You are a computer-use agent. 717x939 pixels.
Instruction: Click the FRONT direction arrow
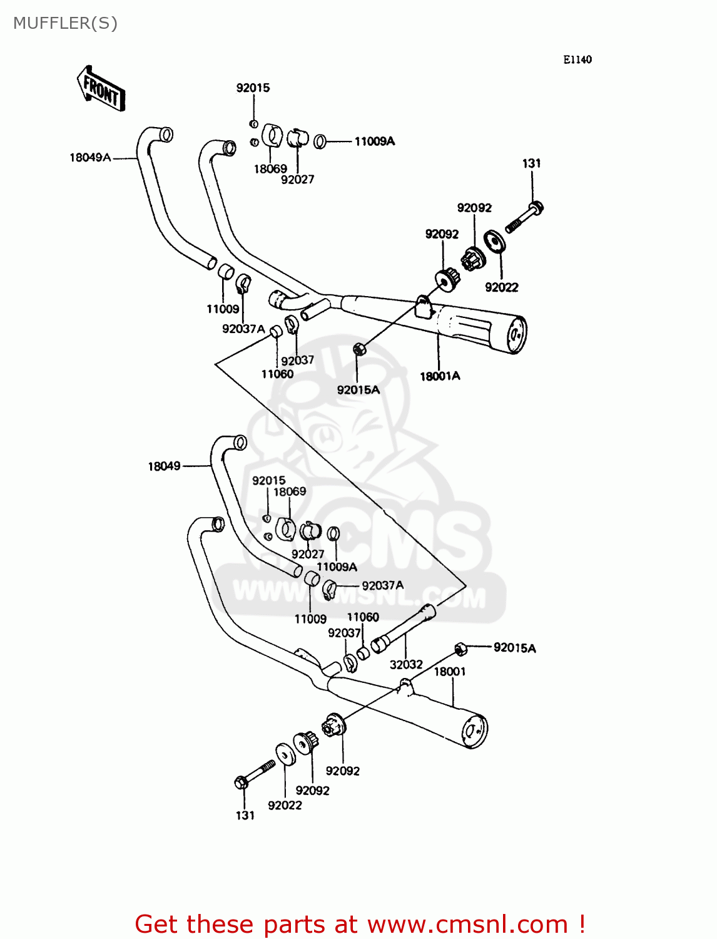pyautogui.click(x=101, y=89)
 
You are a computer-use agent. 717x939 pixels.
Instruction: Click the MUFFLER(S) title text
pyautogui.click(x=65, y=23)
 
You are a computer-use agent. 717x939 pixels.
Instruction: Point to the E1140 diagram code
pyautogui.click(x=577, y=59)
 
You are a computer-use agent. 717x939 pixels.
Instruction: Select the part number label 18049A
pyautogui.click(x=90, y=158)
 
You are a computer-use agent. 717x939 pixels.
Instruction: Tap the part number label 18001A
pyautogui.click(x=440, y=376)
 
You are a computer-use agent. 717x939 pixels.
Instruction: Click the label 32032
pyautogui.click(x=406, y=665)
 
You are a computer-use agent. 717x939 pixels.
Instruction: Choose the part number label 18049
pyautogui.click(x=164, y=466)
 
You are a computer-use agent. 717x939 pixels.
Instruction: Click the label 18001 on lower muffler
pyautogui.click(x=450, y=672)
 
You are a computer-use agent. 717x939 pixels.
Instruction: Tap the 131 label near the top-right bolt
pyautogui.click(x=531, y=163)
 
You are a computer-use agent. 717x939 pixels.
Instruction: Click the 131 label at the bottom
pyautogui.click(x=245, y=816)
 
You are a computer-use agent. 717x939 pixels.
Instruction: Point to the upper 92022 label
pyautogui.click(x=502, y=287)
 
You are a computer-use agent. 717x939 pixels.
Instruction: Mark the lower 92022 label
pyautogui.click(x=285, y=806)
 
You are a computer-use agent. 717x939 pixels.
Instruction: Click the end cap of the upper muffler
pyautogui.click(x=516, y=335)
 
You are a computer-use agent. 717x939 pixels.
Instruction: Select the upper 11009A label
pyautogui.click(x=374, y=141)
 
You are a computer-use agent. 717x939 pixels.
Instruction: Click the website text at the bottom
pyautogui.click(x=360, y=924)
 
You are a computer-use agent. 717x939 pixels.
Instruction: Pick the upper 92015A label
pyautogui.click(x=358, y=390)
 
